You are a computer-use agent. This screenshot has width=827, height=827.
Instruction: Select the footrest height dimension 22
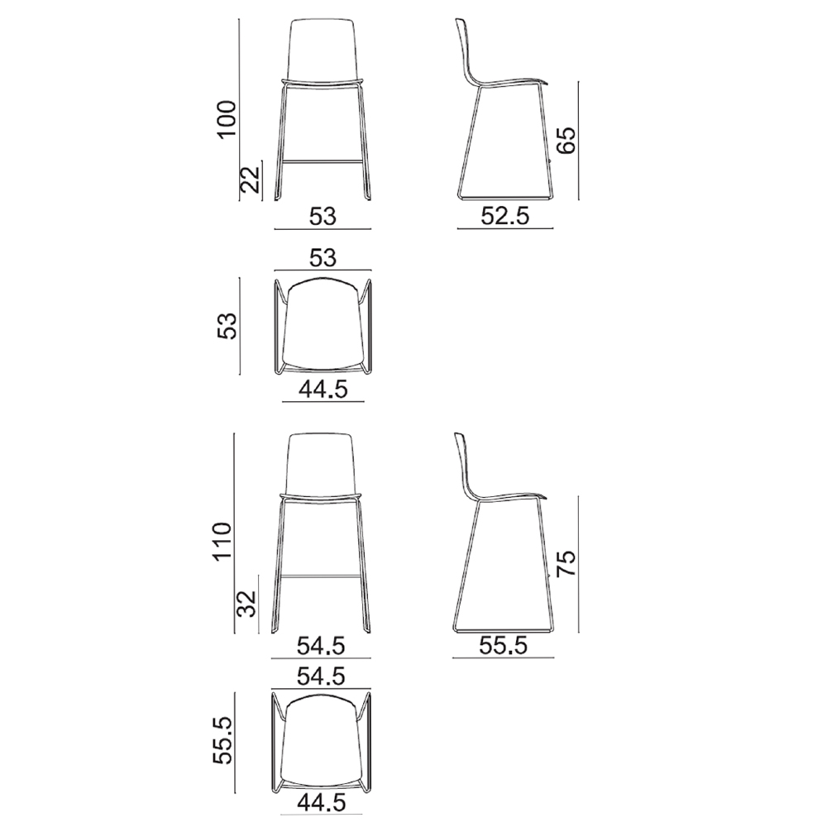(x=251, y=179)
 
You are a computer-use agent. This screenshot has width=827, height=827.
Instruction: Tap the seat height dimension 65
(x=567, y=141)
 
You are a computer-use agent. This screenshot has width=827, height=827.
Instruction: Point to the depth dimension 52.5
(x=505, y=216)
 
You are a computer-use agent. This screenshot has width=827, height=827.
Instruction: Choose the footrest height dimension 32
(x=246, y=604)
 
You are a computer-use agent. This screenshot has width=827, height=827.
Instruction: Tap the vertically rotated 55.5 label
(x=222, y=740)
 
